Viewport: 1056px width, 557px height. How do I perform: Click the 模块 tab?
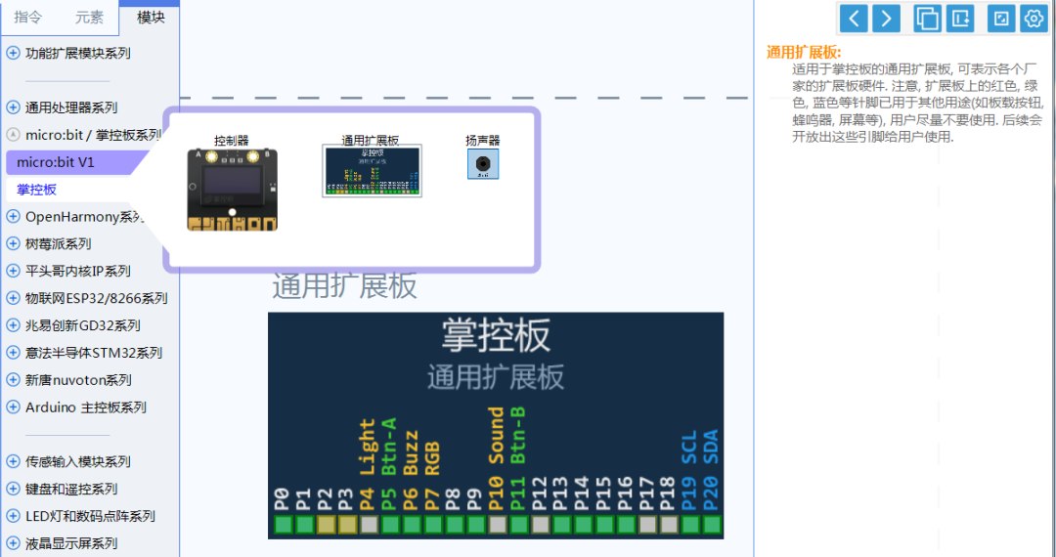click(151, 17)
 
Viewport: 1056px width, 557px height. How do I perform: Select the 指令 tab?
click(28, 17)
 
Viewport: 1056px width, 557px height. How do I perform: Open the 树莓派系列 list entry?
click(58, 243)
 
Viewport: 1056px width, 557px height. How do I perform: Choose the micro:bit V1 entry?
click(56, 162)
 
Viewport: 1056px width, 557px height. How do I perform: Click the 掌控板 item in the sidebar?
click(37, 190)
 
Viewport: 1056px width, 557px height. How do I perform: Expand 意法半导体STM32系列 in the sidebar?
click(93, 353)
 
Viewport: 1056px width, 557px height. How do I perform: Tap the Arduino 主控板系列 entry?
click(85, 407)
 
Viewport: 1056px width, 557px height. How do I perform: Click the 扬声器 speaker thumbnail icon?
click(483, 164)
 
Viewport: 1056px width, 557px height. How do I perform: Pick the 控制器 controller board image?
click(232, 190)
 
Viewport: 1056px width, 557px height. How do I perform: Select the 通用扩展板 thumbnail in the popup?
click(372, 171)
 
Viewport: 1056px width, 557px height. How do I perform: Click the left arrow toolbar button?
click(854, 18)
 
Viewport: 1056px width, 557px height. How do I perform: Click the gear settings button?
click(1034, 18)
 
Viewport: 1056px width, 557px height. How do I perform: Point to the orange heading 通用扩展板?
click(804, 53)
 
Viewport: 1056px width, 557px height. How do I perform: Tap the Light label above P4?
click(368, 448)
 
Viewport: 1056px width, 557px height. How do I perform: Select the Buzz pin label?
click(411, 452)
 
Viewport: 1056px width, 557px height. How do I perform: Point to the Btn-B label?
click(519, 434)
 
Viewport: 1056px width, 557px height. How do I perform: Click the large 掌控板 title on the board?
click(496, 334)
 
